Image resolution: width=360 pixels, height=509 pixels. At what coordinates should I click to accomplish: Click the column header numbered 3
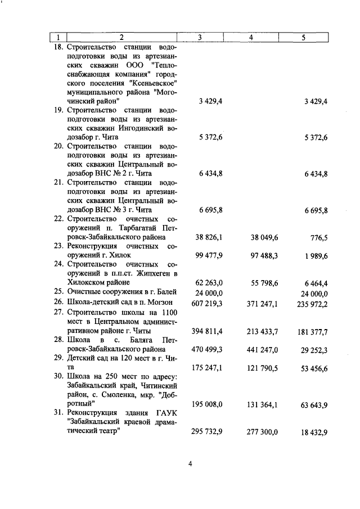point(200,38)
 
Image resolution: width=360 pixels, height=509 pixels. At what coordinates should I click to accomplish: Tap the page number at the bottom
point(190,464)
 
